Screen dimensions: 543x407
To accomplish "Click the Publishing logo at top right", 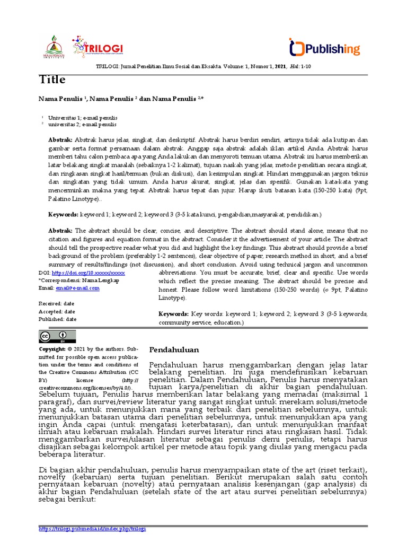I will (x=324, y=48).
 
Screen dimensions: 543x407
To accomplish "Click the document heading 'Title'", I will (x=52, y=80).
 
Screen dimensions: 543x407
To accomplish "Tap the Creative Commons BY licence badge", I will (x=57, y=336).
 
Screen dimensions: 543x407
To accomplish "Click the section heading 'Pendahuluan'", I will (x=174, y=350).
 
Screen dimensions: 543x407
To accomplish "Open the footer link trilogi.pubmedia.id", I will (x=93, y=529).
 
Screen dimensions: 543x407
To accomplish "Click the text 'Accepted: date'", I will (x=57, y=311).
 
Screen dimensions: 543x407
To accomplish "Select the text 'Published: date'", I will (x=58, y=319).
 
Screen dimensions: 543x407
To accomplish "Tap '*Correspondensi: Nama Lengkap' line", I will (x=75, y=280).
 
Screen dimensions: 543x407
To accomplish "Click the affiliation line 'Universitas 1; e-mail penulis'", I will (x=83, y=117).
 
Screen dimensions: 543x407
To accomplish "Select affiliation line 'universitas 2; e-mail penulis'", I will (x=82, y=124).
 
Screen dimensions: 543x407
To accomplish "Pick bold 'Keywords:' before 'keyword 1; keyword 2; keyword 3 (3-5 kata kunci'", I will (x=64, y=214).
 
